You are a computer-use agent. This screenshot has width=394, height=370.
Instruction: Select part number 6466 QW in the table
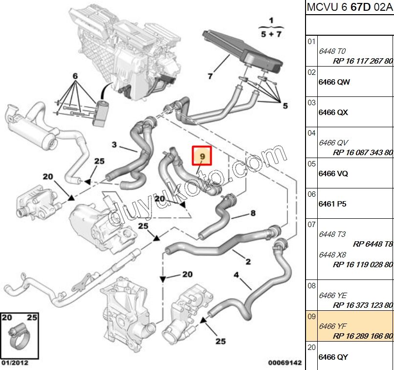pyautogui.click(x=334, y=82)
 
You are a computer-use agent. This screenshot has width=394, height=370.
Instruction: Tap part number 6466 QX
pyautogui.click(x=333, y=113)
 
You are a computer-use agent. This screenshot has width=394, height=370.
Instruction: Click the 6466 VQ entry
pyautogui.click(x=333, y=174)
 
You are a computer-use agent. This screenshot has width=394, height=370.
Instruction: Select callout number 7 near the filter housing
pyautogui.click(x=210, y=76)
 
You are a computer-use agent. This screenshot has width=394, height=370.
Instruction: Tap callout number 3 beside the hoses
pyautogui.click(x=114, y=144)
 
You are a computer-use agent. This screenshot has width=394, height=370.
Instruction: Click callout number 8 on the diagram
pyautogui.click(x=253, y=213)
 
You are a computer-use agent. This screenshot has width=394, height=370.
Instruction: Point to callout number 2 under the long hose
pyautogui.click(x=248, y=262)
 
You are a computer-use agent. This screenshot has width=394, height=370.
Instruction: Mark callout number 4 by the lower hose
pyautogui.click(x=237, y=275)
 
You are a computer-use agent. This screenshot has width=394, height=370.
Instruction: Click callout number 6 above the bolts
pyautogui.click(x=75, y=76)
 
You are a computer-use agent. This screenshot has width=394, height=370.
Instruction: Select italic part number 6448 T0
pyautogui.click(x=332, y=51)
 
